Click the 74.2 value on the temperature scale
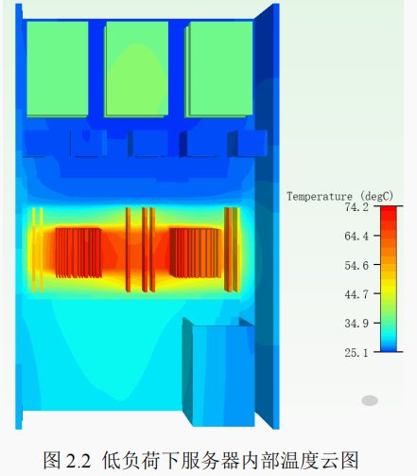356,207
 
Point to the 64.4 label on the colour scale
356,236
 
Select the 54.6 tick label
356,265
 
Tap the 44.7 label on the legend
356,294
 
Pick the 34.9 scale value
356,324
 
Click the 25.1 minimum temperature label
356,352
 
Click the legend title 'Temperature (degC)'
339,196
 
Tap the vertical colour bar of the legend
389,278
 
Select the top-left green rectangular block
58,69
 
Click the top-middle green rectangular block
136,69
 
